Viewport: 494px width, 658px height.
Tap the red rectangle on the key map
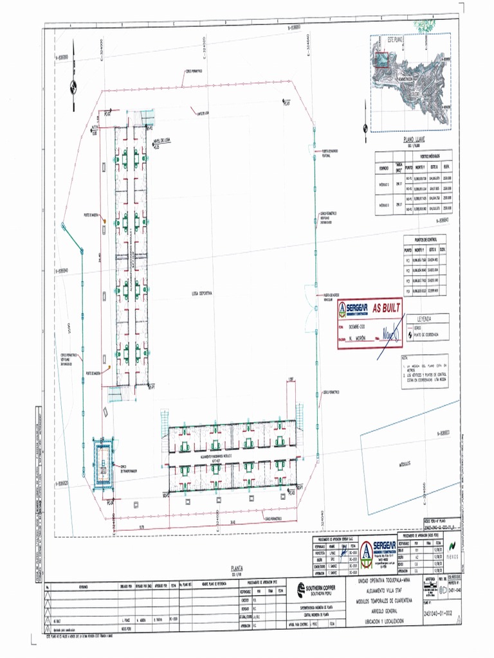click(x=381, y=59)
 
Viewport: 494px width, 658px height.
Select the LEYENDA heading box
click(x=424, y=318)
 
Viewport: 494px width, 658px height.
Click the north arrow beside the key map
click(x=366, y=117)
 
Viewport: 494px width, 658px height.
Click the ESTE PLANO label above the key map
click(x=394, y=39)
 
